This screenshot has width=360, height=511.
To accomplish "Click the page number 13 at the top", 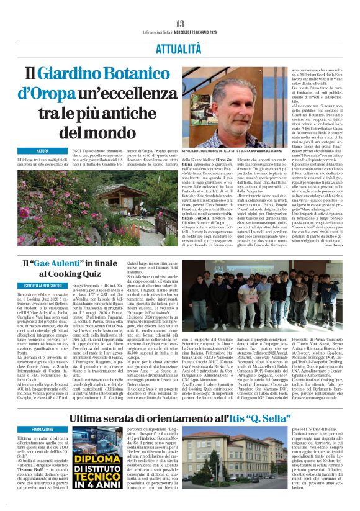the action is tap(179, 7).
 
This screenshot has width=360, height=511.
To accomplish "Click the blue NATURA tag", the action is tap(42, 151).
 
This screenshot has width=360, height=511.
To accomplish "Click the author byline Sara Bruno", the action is tap(339, 246).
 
